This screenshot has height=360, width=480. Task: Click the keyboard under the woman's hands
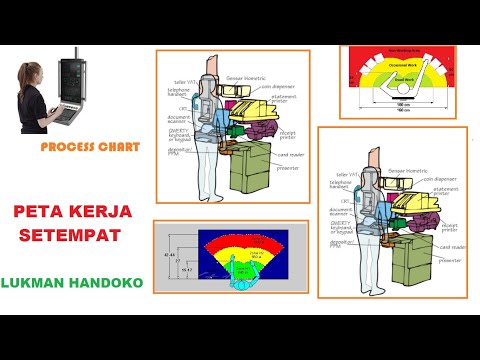pyautogui.click(x=67, y=116)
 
